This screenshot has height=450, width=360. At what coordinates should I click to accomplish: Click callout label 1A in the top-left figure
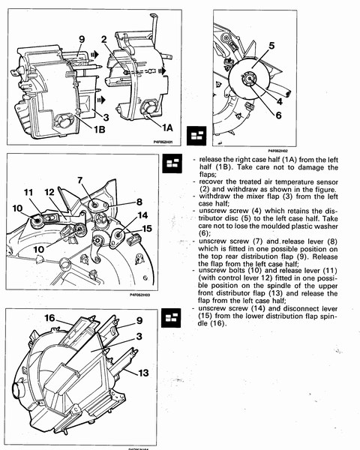click(168, 127)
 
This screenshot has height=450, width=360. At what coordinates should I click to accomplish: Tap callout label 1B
click(100, 130)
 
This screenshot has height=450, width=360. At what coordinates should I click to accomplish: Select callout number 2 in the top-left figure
click(104, 39)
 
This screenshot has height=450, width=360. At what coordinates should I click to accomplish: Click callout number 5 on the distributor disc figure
click(271, 46)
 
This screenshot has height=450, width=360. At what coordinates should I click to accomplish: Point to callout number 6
click(278, 115)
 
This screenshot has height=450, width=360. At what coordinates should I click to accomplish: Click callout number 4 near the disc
click(280, 101)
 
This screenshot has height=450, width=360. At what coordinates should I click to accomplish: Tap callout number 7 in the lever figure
click(80, 181)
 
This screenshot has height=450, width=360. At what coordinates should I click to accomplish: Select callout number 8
click(139, 202)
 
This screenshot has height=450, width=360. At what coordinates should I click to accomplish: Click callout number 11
click(28, 192)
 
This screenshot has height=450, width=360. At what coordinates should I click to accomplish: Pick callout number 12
click(49, 192)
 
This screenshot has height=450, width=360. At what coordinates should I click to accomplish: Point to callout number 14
click(142, 215)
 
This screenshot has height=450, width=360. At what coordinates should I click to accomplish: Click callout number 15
click(147, 229)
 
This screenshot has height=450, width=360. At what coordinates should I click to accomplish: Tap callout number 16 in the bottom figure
click(49, 318)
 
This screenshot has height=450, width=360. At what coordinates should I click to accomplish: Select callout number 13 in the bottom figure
click(143, 373)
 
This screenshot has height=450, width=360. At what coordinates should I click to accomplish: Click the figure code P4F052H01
click(163, 142)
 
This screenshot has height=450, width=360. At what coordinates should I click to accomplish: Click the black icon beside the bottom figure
click(171, 318)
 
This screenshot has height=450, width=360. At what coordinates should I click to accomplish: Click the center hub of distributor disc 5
click(248, 78)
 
